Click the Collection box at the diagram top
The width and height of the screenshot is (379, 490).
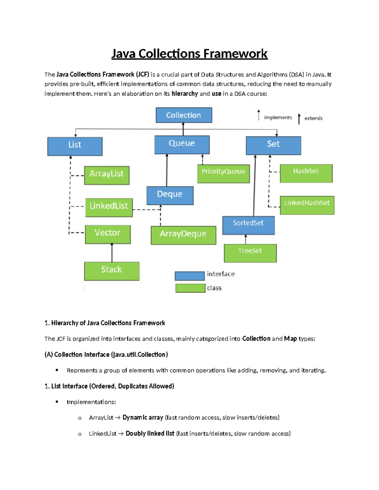click(x=184, y=115)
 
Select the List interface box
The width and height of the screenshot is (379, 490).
click(x=75, y=146)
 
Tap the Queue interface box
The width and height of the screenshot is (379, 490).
click(x=182, y=145)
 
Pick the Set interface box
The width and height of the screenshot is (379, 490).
click(x=274, y=145)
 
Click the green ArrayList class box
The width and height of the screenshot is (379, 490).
click(x=107, y=175)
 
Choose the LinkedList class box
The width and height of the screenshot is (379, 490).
click(x=109, y=207)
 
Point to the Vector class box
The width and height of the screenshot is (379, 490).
click(x=108, y=234)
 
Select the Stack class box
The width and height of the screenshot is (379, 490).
click(x=112, y=271)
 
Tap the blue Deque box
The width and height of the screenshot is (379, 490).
click(x=170, y=196)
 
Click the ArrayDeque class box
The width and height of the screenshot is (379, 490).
click(x=183, y=235)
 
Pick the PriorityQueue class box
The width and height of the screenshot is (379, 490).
click(x=224, y=174)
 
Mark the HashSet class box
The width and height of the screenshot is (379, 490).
click(x=306, y=173)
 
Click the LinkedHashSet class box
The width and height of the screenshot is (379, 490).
click(x=307, y=205)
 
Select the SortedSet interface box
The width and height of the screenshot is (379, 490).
click(x=249, y=225)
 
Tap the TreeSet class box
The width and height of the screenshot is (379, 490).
click(x=250, y=253)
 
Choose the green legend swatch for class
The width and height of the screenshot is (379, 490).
click(x=190, y=288)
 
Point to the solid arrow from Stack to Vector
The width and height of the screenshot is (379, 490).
click(x=112, y=253)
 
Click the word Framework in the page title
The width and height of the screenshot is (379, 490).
click(x=235, y=54)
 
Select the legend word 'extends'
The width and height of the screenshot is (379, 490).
click(x=313, y=118)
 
